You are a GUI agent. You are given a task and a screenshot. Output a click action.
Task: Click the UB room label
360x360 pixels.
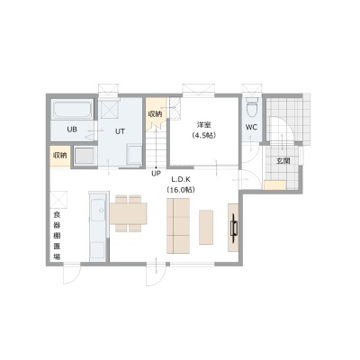coord(72,130)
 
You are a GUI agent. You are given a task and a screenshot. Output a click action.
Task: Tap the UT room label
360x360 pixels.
coord(120,131)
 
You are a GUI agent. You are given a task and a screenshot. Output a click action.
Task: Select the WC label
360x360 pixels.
coord(251,127)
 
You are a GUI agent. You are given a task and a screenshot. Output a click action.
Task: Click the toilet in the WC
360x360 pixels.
coord(251,107)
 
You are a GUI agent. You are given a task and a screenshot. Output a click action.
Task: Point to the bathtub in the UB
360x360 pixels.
coord(72,110)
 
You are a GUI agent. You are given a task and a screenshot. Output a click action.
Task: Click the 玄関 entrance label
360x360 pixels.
coord(283,161)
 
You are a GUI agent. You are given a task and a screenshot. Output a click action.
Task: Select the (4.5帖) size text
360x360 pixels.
coord(204,136)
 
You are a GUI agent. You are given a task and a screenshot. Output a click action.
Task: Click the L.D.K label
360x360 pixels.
coord(181,179)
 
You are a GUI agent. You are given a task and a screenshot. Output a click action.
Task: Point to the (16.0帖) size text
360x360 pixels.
coord(181,190)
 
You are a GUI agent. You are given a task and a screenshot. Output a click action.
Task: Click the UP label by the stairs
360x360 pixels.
coord(156,174)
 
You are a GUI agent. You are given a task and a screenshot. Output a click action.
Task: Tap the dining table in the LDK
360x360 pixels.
coord(129,213)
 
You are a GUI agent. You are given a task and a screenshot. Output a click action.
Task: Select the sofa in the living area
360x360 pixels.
coord(178,226)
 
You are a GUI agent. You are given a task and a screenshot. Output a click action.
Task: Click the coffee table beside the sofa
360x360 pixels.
coord(206,227)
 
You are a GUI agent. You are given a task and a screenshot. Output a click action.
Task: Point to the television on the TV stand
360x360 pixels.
coord(234,228)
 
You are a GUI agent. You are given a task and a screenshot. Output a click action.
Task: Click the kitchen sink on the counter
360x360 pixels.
coord(97,210)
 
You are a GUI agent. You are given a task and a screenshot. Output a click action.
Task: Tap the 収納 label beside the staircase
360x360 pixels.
coord(156,114)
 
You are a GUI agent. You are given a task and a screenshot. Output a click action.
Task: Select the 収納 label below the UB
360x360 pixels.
coord(60,156)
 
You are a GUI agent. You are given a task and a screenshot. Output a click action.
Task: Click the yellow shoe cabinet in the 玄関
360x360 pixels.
coord(274,184)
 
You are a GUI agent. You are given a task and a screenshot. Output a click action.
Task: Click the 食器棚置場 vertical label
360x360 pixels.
coord(57,236)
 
